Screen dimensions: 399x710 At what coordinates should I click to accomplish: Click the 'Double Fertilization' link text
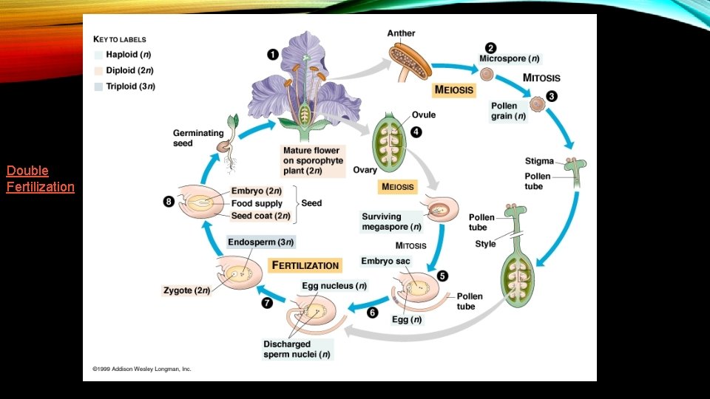point(40,178)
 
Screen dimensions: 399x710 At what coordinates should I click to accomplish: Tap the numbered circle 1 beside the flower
point(273,54)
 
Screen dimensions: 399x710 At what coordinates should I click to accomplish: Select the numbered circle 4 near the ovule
point(416,132)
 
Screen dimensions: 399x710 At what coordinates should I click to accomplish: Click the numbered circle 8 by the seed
point(169,200)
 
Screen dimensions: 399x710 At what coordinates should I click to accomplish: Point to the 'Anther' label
point(401,33)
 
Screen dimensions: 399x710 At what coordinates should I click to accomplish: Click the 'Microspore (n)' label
point(509,58)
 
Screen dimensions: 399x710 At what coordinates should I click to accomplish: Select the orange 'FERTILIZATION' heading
point(305,265)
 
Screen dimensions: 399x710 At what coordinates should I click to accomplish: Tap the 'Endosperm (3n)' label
point(260,242)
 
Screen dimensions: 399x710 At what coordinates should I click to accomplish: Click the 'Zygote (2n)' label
point(186,290)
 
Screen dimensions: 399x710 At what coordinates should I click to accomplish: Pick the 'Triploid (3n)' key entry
point(130,86)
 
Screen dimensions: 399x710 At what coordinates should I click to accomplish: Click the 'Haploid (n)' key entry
point(129,54)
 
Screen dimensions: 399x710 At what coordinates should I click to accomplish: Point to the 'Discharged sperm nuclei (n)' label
point(297,349)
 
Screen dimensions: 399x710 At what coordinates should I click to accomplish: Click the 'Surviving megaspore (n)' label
point(391,222)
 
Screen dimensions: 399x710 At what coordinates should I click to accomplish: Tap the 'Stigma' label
point(539,161)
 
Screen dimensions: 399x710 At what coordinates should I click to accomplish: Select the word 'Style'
point(485,244)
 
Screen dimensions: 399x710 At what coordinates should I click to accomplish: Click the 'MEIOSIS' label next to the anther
point(454,90)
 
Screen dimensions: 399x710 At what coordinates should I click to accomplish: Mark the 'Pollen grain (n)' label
point(509,111)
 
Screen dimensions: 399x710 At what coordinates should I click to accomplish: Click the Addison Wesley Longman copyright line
point(142,368)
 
